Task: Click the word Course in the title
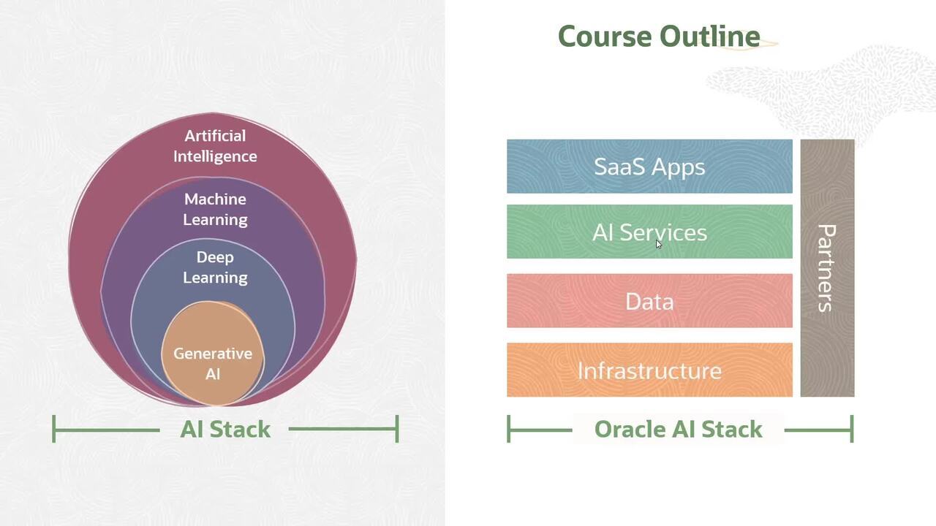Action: [605, 37]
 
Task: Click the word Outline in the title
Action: [710, 36]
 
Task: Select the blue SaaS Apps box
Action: [649, 166]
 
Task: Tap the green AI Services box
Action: [649, 232]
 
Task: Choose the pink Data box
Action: [649, 300]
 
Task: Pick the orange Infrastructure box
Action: [649, 370]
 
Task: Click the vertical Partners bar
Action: [827, 268]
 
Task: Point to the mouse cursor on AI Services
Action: [659, 244]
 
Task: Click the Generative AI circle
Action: [213, 353]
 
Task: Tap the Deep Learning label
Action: [215, 267]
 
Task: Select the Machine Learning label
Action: [215, 210]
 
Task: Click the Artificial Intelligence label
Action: [215, 146]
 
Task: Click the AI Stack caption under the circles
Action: [225, 429]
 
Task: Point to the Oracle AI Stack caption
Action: [678, 429]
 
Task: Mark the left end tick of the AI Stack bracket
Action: [54, 429]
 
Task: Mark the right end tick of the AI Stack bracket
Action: [397, 429]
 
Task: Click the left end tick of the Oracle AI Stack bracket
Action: [508, 429]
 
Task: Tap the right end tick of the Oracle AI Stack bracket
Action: [852, 429]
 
